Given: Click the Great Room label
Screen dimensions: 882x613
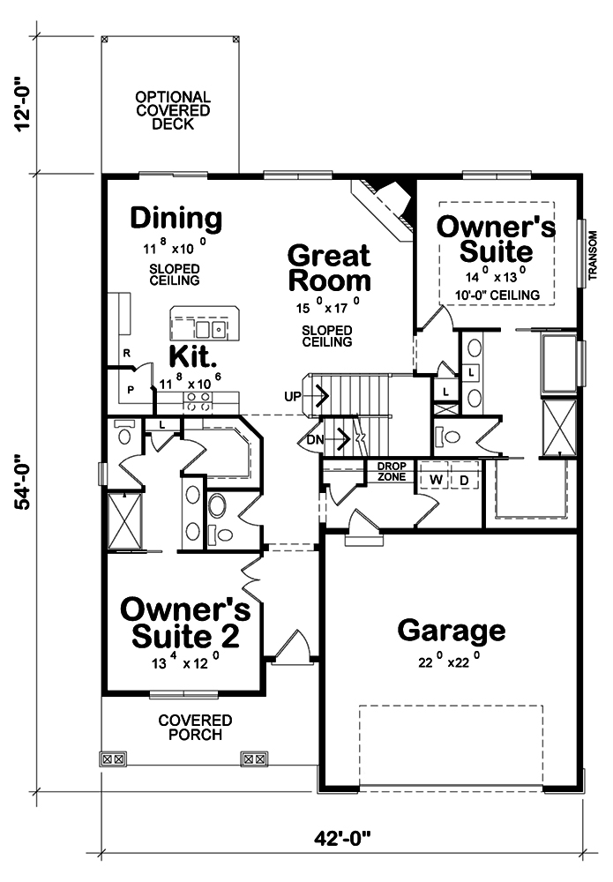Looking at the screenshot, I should pyautogui.click(x=330, y=269).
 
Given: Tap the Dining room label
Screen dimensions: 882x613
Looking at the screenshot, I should pyautogui.click(x=176, y=218).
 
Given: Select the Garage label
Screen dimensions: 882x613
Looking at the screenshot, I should pyautogui.click(x=452, y=631).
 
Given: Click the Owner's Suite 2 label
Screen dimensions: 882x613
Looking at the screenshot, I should pyautogui.click(x=184, y=622).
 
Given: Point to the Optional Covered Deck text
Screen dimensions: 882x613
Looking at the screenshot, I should pyautogui.click(x=172, y=110).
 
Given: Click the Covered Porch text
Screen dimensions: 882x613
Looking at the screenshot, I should pyautogui.click(x=195, y=728).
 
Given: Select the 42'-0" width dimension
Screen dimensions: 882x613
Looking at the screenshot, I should pyautogui.click(x=340, y=837).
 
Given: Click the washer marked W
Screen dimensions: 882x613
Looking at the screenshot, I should pyautogui.click(x=436, y=480).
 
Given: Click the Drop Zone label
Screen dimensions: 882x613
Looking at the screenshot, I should pyautogui.click(x=391, y=472).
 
